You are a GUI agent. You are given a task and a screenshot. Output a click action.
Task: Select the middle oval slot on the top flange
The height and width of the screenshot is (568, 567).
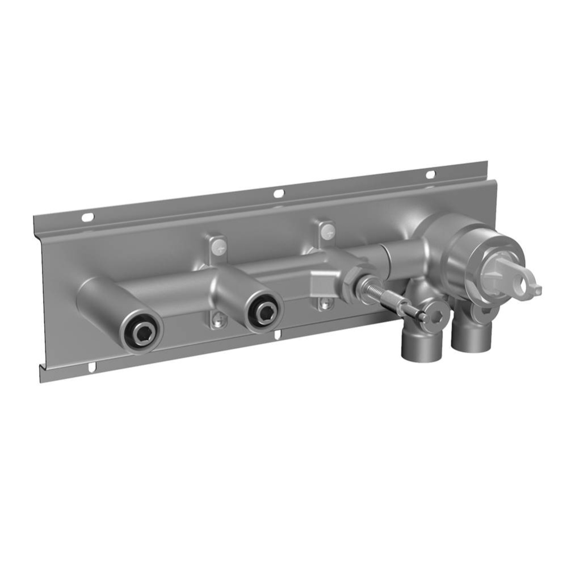tap(278, 194)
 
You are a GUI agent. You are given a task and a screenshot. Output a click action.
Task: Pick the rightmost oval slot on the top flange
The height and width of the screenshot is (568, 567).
tap(430, 174)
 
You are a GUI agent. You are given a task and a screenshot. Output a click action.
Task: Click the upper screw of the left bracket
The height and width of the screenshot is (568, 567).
tap(219, 246)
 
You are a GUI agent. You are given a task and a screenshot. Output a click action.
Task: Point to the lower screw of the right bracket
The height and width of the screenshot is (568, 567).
tap(324, 304)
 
